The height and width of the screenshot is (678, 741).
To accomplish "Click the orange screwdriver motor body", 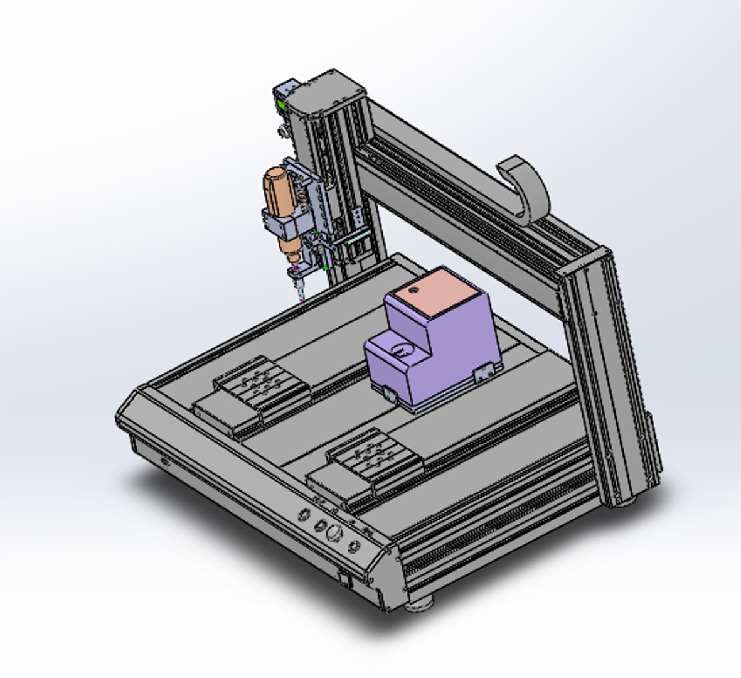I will coord(280,191).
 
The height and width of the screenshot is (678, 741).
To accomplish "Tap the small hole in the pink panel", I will coord(413,290).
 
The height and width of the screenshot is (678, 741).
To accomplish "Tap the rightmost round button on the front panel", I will coord(355,546).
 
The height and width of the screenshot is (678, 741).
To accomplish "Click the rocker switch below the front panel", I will coord(344,577).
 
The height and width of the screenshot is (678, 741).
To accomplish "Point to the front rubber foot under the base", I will coord(418,605).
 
